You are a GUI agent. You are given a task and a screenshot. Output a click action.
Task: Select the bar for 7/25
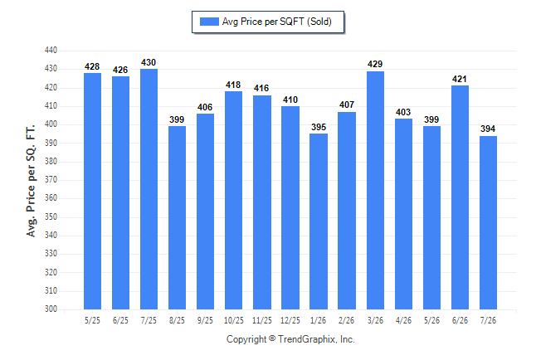pos(149,189)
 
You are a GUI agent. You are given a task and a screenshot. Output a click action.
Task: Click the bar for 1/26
pos(319,221)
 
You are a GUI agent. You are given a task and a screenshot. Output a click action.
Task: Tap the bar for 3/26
pos(375,191)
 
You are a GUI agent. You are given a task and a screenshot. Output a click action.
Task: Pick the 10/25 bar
pos(233,201)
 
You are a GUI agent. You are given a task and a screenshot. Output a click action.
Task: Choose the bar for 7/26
pos(488,222)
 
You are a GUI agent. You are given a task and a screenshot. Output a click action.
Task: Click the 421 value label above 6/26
pos(460,80)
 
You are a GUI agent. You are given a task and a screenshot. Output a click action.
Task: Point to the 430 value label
pos(149,62)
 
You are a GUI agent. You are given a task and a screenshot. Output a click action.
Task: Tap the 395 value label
pos(319,127)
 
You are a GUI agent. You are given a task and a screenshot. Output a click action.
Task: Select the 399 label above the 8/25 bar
pos(177,119)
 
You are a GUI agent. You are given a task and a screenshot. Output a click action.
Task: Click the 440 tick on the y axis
pos(51,51)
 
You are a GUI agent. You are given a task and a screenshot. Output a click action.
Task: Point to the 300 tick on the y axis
pos(51,309)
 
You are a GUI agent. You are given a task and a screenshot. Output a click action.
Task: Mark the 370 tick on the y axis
pos(51,179)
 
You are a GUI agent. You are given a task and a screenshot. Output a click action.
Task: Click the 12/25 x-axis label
pos(290,321)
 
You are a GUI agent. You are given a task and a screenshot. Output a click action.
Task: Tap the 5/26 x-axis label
pos(431,321)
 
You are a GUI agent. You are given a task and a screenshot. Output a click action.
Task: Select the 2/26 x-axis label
pos(346,321)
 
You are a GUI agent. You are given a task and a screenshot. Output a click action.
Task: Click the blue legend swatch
pos(209,22)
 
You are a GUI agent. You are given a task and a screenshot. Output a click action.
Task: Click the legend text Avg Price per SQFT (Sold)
pos(277,22)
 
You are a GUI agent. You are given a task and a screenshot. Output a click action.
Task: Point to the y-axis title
pos(31,181)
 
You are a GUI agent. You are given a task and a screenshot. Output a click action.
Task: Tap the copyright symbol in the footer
pos(272,338)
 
